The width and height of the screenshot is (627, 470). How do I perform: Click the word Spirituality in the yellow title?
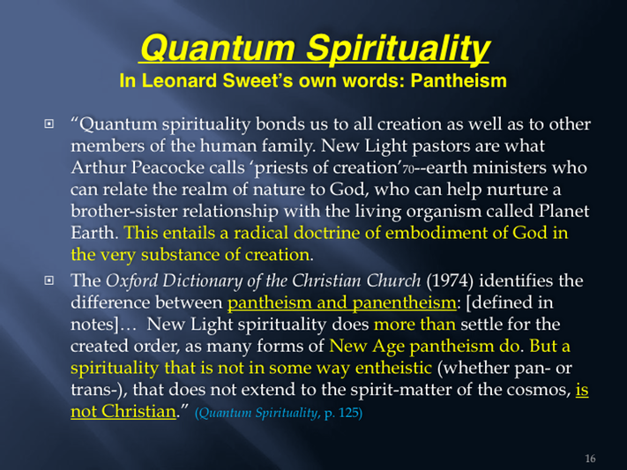pyautogui.click(x=398, y=48)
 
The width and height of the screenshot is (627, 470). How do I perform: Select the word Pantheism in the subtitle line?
pyautogui.click(x=459, y=80)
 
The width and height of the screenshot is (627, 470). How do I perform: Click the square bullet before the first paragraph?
pyautogui.click(x=49, y=124)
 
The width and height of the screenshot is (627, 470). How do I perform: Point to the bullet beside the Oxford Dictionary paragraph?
pyautogui.click(x=49, y=280)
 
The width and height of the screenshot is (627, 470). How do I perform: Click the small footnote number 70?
pyautogui.click(x=408, y=169)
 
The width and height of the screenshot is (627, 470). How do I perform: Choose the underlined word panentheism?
pyautogui.click(x=404, y=302)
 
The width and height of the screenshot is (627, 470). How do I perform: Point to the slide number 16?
pyautogui.click(x=590, y=459)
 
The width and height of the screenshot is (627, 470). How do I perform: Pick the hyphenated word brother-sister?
pyautogui.click(x=124, y=211)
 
